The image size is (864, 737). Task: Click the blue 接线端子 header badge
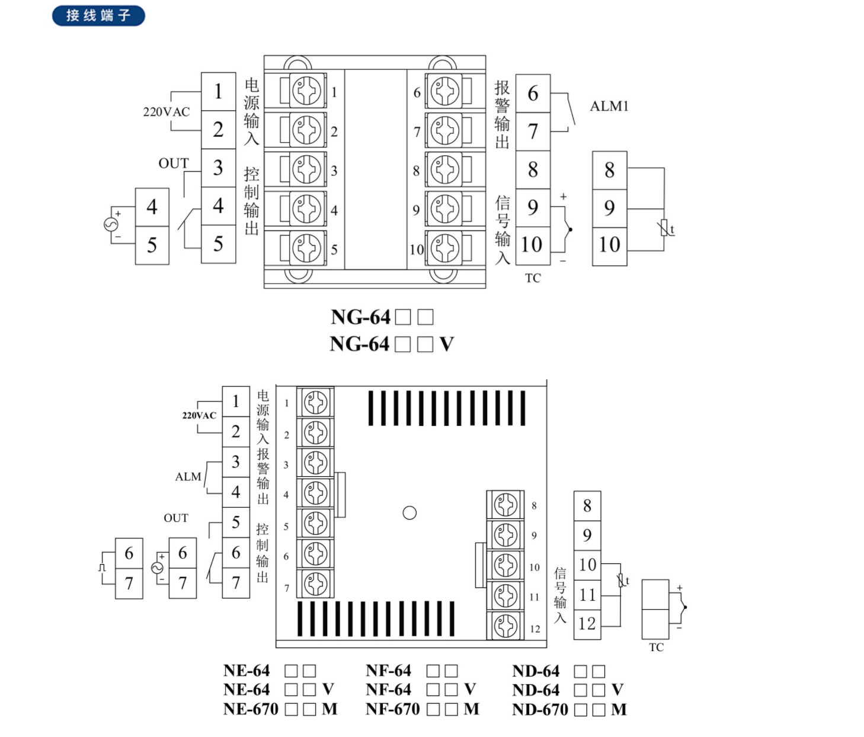click(x=98, y=15)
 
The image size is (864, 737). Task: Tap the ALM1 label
click(x=609, y=106)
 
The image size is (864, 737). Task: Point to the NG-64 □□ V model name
click(x=391, y=344)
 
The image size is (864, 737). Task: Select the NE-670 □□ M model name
click(x=280, y=709)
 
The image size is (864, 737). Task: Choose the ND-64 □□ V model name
click(x=567, y=690)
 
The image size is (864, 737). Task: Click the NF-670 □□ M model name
click(x=422, y=709)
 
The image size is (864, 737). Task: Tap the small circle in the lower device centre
click(x=409, y=513)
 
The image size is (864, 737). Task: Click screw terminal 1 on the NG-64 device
click(x=307, y=92)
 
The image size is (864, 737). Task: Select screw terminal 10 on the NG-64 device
click(x=445, y=248)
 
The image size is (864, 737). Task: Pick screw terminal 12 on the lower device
click(x=505, y=625)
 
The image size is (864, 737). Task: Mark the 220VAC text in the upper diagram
click(x=167, y=112)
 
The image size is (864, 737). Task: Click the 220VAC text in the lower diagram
click(x=199, y=415)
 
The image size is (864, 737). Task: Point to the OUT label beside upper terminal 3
click(x=173, y=164)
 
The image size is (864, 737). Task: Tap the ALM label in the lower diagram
click(x=188, y=477)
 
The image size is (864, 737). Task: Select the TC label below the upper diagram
click(x=533, y=278)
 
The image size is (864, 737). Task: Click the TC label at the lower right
click(x=656, y=648)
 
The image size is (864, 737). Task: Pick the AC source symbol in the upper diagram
click(x=111, y=225)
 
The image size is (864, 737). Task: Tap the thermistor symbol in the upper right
click(x=666, y=228)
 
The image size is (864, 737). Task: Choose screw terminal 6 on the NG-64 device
click(x=445, y=92)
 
